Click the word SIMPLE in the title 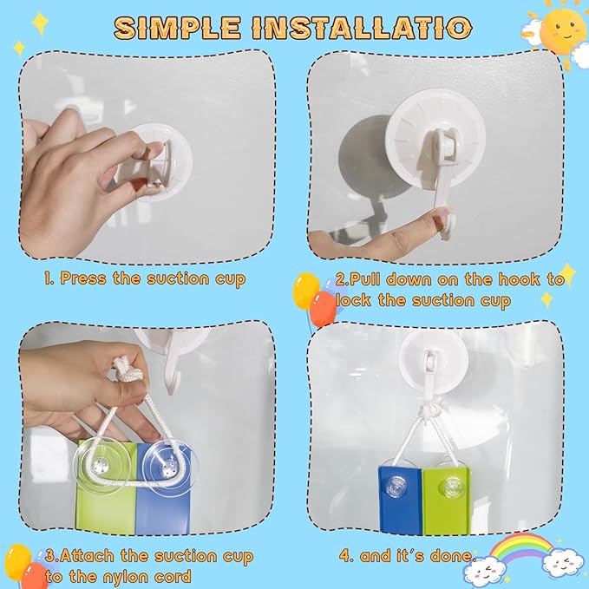tap(177, 28)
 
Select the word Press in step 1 tap(83, 278)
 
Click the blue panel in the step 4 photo tap(400, 500)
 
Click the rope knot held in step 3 tap(127, 370)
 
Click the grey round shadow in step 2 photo tap(366, 157)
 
